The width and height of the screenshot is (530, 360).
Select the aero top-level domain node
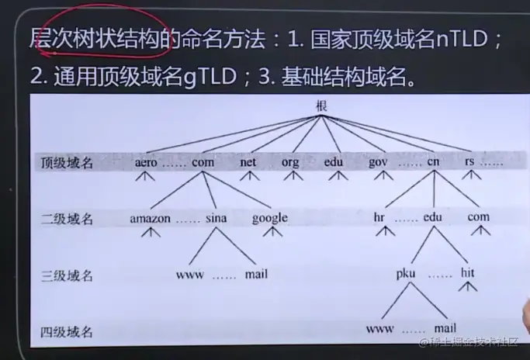[x=145, y=163]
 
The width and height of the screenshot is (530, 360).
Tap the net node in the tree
[x=248, y=163]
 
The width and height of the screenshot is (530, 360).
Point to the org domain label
[x=290, y=163]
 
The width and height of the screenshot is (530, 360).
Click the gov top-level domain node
[x=377, y=163]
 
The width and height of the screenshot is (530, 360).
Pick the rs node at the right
[x=469, y=163]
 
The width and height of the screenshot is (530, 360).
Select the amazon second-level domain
[x=150, y=218]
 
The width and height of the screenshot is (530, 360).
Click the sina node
[x=217, y=218]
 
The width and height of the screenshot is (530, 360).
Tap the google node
[x=269, y=218]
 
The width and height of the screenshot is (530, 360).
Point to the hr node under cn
[x=379, y=218]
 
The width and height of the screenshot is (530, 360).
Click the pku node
[x=406, y=273]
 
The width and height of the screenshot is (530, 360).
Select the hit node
[x=467, y=273]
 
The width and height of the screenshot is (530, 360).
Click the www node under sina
[x=189, y=274]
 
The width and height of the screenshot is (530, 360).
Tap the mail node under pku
[x=445, y=328]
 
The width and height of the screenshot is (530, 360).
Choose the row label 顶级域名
[x=67, y=163]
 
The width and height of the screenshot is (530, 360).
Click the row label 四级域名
[x=67, y=332]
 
